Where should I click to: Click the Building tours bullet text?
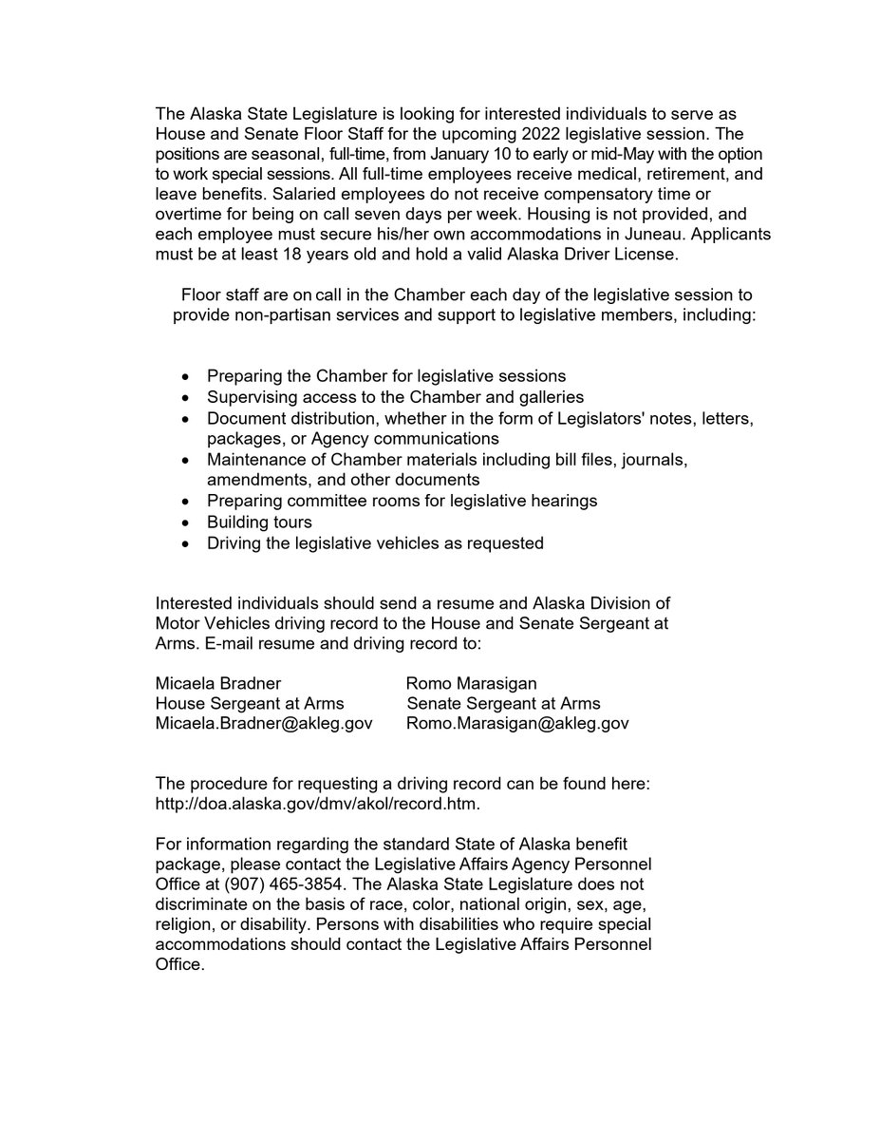point(259,522)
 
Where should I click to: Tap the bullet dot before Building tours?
point(185,522)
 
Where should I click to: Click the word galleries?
point(549,396)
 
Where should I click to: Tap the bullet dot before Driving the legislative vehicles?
point(185,543)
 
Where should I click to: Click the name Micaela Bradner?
point(217,683)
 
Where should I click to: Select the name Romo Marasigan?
point(473,683)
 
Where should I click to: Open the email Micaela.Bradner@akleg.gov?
point(263,724)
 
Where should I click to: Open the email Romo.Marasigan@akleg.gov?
point(517,724)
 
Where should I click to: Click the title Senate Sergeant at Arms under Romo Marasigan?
point(503,704)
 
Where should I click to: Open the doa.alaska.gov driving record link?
point(318,804)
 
